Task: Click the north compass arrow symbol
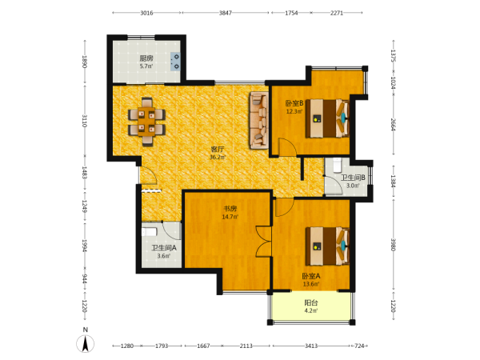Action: click(86, 343)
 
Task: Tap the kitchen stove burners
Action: click(176, 62)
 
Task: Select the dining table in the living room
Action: click(146, 122)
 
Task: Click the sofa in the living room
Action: click(259, 120)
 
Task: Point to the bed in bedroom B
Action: click(327, 118)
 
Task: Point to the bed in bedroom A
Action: click(327, 246)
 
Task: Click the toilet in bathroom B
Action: click(337, 164)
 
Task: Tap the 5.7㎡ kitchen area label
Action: click(146, 66)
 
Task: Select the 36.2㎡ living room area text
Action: click(218, 158)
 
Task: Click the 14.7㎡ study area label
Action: click(230, 217)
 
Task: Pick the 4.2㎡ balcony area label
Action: click(310, 310)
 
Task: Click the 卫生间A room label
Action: click(164, 248)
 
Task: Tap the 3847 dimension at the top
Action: click(226, 13)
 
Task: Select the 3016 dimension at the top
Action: click(146, 13)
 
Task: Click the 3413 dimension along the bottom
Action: click(311, 346)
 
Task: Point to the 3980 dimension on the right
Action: click(393, 245)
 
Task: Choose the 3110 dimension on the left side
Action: click(85, 121)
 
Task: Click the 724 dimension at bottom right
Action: click(359, 346)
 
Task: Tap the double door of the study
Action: click(263, 242)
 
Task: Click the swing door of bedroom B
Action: click(287, 147)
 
